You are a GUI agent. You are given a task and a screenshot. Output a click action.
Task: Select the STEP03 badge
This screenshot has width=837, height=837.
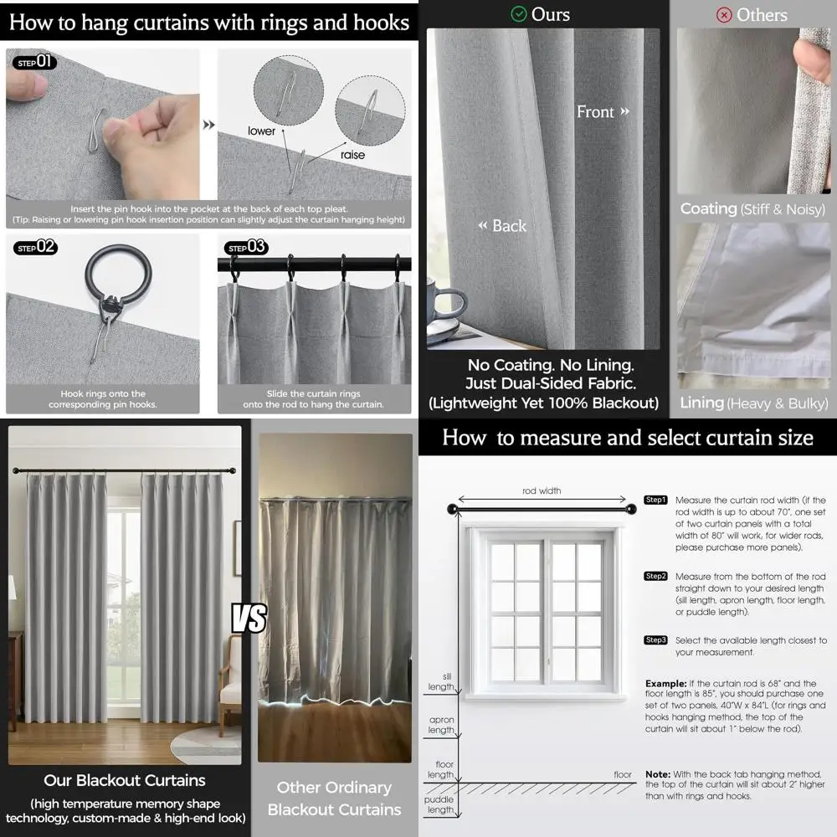pyautogui.click(x=247, y=247)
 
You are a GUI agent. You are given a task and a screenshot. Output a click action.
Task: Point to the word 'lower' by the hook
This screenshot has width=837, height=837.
pyautogui.click(x=261, y=131)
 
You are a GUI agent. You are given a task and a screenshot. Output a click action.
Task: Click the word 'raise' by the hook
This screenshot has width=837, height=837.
pyautogui.click(x=352, y=156)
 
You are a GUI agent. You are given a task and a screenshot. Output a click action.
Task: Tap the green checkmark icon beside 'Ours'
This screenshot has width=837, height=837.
pyautogui.click(x=519, y=14)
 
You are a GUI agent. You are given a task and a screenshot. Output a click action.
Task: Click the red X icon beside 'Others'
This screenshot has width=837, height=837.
pyautogui.click(x=725, y=15)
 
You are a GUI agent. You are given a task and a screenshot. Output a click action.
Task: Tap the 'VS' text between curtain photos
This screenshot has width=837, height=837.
pyautogui.click(x=249, y=619)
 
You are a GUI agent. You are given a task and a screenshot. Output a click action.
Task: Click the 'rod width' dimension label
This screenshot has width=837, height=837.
pyautogui.click(x=542, y=491)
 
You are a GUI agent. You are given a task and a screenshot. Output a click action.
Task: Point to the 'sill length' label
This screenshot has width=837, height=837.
pyautogui.click(x=441, y=681)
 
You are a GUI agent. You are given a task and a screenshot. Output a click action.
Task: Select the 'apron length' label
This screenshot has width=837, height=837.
pyautogui.click(x=441, y=725)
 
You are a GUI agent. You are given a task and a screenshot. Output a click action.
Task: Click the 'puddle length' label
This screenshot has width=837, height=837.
pyautogui.click(x=440, y=804)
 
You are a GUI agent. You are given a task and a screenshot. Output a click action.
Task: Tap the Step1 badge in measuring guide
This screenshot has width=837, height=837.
pyautogui.click(x=655, y=500)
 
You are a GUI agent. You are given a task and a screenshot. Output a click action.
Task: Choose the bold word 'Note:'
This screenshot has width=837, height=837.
pyautogui.click(x=658, y=774)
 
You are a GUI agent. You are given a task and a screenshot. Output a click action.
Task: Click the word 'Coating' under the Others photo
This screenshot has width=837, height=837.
pyautogui.click(x=708, y=208)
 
